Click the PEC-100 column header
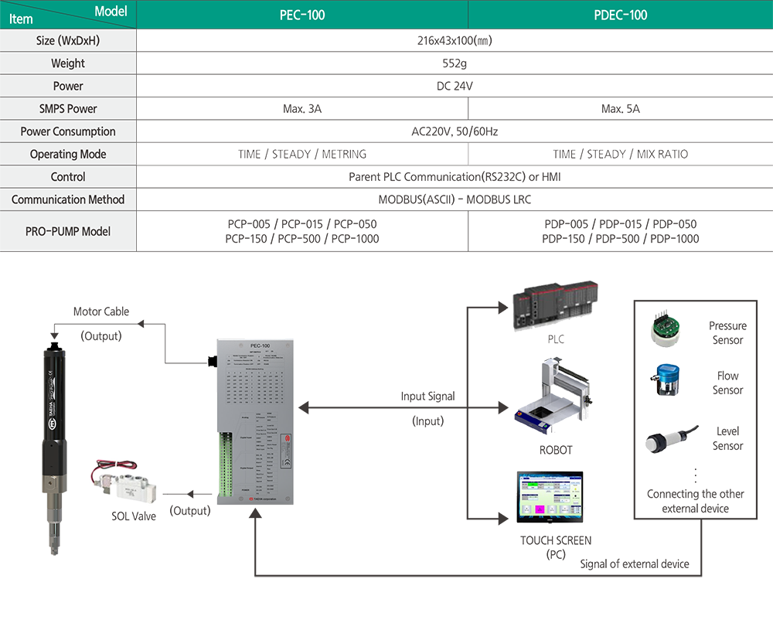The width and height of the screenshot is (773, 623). (302, 15)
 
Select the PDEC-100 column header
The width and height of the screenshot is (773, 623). (621, 15)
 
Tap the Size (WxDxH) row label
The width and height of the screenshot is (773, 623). (68, 40)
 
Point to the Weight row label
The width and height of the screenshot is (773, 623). (68, 63)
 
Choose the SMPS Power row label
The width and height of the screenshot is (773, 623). (68, 109)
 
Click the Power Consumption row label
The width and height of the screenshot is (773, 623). (68, 131)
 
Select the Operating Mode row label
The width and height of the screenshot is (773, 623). (68, 154)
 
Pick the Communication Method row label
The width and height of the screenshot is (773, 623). (68, 199)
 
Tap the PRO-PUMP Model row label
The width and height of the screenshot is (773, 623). (68, 231)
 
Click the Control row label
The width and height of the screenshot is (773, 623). (68, 177)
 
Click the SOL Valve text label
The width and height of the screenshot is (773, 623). (133, 516)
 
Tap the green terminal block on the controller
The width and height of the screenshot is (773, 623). (225, 464)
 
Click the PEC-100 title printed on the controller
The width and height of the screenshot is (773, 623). (260, 346)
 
